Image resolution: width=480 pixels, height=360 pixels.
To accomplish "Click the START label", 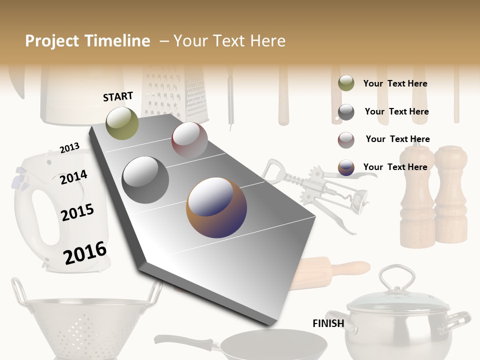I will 118,96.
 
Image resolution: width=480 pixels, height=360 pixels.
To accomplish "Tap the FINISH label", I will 328,323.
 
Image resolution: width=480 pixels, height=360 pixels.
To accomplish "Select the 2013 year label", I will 69,148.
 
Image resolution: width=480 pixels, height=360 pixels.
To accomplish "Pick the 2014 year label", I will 73,177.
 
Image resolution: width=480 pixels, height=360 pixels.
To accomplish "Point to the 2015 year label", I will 77,212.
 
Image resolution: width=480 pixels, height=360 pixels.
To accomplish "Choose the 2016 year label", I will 84,252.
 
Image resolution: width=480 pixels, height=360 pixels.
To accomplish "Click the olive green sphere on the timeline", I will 122,123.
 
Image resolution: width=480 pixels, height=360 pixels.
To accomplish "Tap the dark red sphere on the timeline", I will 189,139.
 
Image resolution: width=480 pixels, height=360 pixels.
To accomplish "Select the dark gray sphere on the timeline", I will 145,179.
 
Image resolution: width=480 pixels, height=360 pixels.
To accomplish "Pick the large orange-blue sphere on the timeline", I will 216,207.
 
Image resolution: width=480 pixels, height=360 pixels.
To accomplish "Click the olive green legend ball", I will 346,83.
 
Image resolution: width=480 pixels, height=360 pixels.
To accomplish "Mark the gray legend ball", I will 346,112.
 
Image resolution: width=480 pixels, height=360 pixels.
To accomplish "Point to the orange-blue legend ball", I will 346,167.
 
